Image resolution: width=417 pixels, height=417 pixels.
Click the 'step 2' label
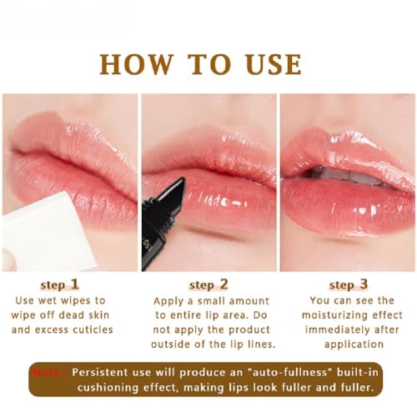coord(208,284)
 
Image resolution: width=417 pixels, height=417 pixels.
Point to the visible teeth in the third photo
coord(342,174)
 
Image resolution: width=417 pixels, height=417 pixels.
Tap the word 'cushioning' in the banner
coord(93,388)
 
